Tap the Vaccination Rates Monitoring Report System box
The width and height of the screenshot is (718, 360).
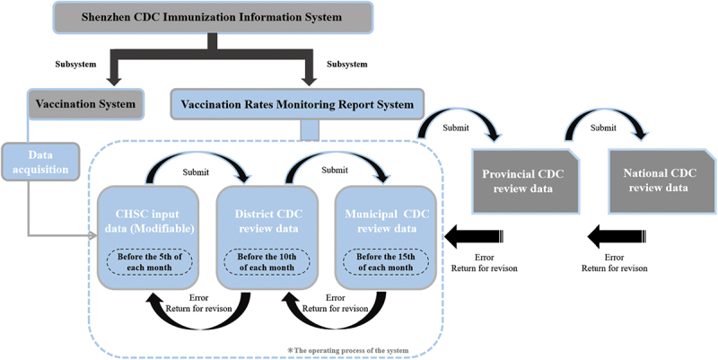pyautogui.click(x=297, y=105)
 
